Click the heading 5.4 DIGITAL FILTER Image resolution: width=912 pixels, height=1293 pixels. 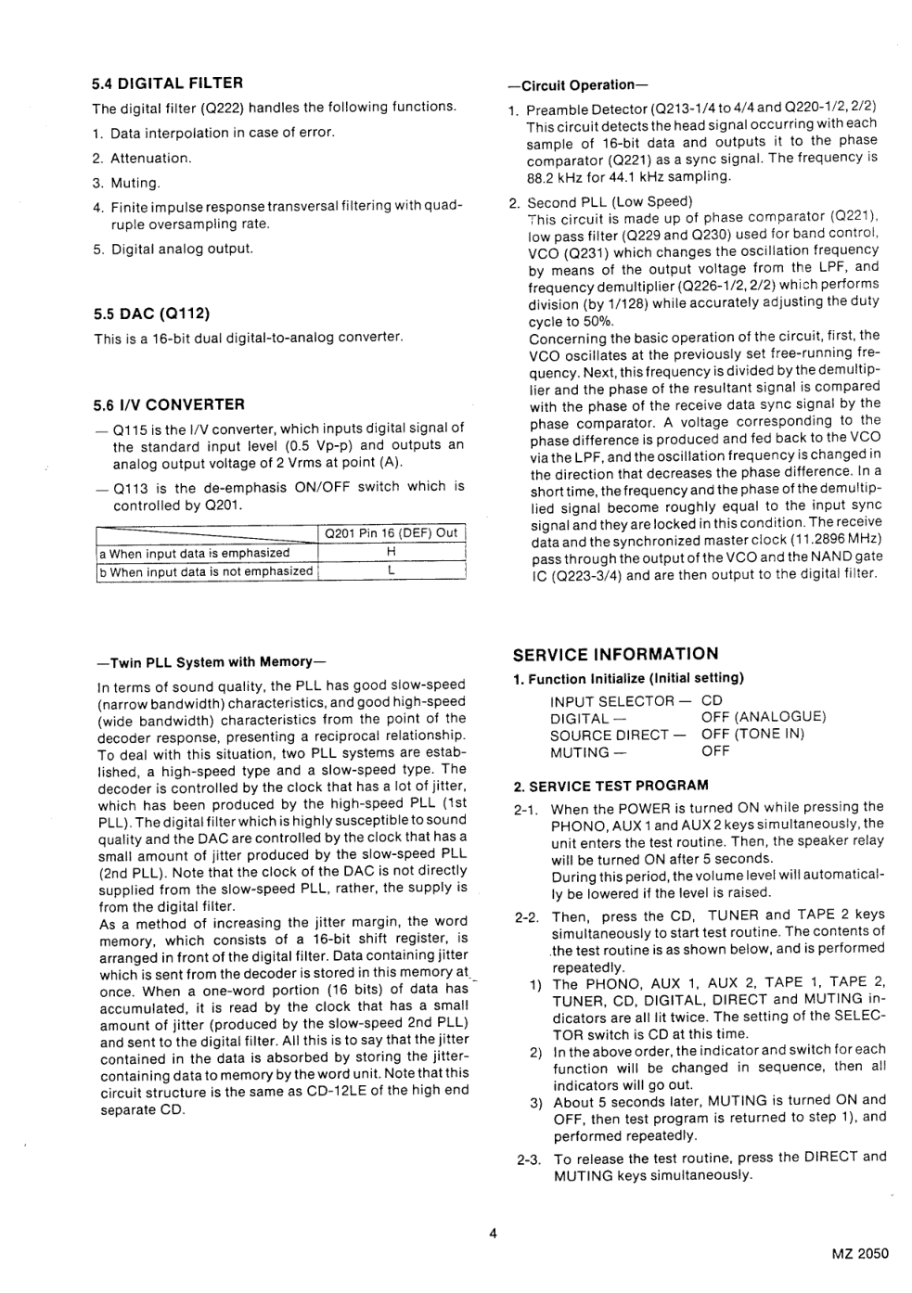click(x=167, y=83)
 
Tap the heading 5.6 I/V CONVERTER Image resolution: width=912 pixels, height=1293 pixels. click(x=169, y=404)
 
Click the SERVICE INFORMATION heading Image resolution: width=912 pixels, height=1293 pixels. click(x=615, y=654)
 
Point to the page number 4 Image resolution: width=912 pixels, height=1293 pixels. click(x=494, y=1233)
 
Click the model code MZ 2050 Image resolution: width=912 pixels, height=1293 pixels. click(x=860, y=1254)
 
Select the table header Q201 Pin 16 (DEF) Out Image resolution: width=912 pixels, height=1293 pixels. click(x=391, y=533)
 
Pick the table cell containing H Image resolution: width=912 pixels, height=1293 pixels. click(x=391, y=553)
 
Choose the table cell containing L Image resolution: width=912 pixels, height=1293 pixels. click(x=391, y=571)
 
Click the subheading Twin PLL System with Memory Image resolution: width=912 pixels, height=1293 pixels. click(x=212, y=662)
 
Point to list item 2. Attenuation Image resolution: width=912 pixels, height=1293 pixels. click(x=142, y=158)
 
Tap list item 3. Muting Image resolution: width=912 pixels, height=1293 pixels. click(x=127, y=183)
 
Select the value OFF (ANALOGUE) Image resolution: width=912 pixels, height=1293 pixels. click(x=763, y=717)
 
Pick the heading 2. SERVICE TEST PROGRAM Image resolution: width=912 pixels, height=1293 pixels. click(x=610, y=786)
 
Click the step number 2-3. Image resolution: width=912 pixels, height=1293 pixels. click(x=528, y=1159)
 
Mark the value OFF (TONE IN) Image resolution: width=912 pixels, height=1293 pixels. click(x=752, y=735)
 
